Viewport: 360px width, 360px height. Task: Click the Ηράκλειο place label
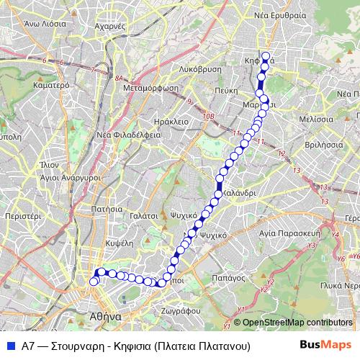click(x=171, y=122)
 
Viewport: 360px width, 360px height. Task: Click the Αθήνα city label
click(x=106, y=316)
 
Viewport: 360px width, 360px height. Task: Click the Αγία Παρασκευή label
click(x=294, y=233)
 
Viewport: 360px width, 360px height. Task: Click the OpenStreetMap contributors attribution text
click(x=294, y=323)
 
